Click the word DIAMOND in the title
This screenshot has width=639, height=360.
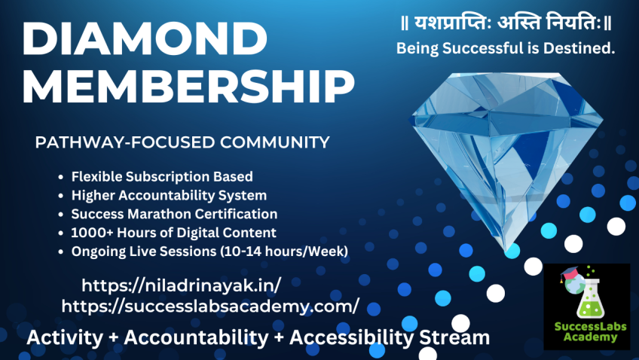coord(145,38)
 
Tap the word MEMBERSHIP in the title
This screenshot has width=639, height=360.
coord(188,87)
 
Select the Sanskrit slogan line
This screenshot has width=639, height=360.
coord(506,22)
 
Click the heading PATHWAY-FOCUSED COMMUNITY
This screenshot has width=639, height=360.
coord(182,142)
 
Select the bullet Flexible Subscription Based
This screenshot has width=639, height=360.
coord(162,177)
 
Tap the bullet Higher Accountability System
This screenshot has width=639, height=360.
coord(169,196)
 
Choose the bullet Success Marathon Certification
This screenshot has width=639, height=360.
coord(174,214)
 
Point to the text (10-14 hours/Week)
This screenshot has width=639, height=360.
coord(284,252)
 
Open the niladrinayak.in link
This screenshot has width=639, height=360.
coord(182,285)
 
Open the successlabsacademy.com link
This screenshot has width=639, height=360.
coord(210,306)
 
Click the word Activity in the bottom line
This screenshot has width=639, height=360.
coord(66,337)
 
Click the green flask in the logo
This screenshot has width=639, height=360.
coord(589,298)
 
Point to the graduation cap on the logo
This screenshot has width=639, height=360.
coord(570,273)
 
